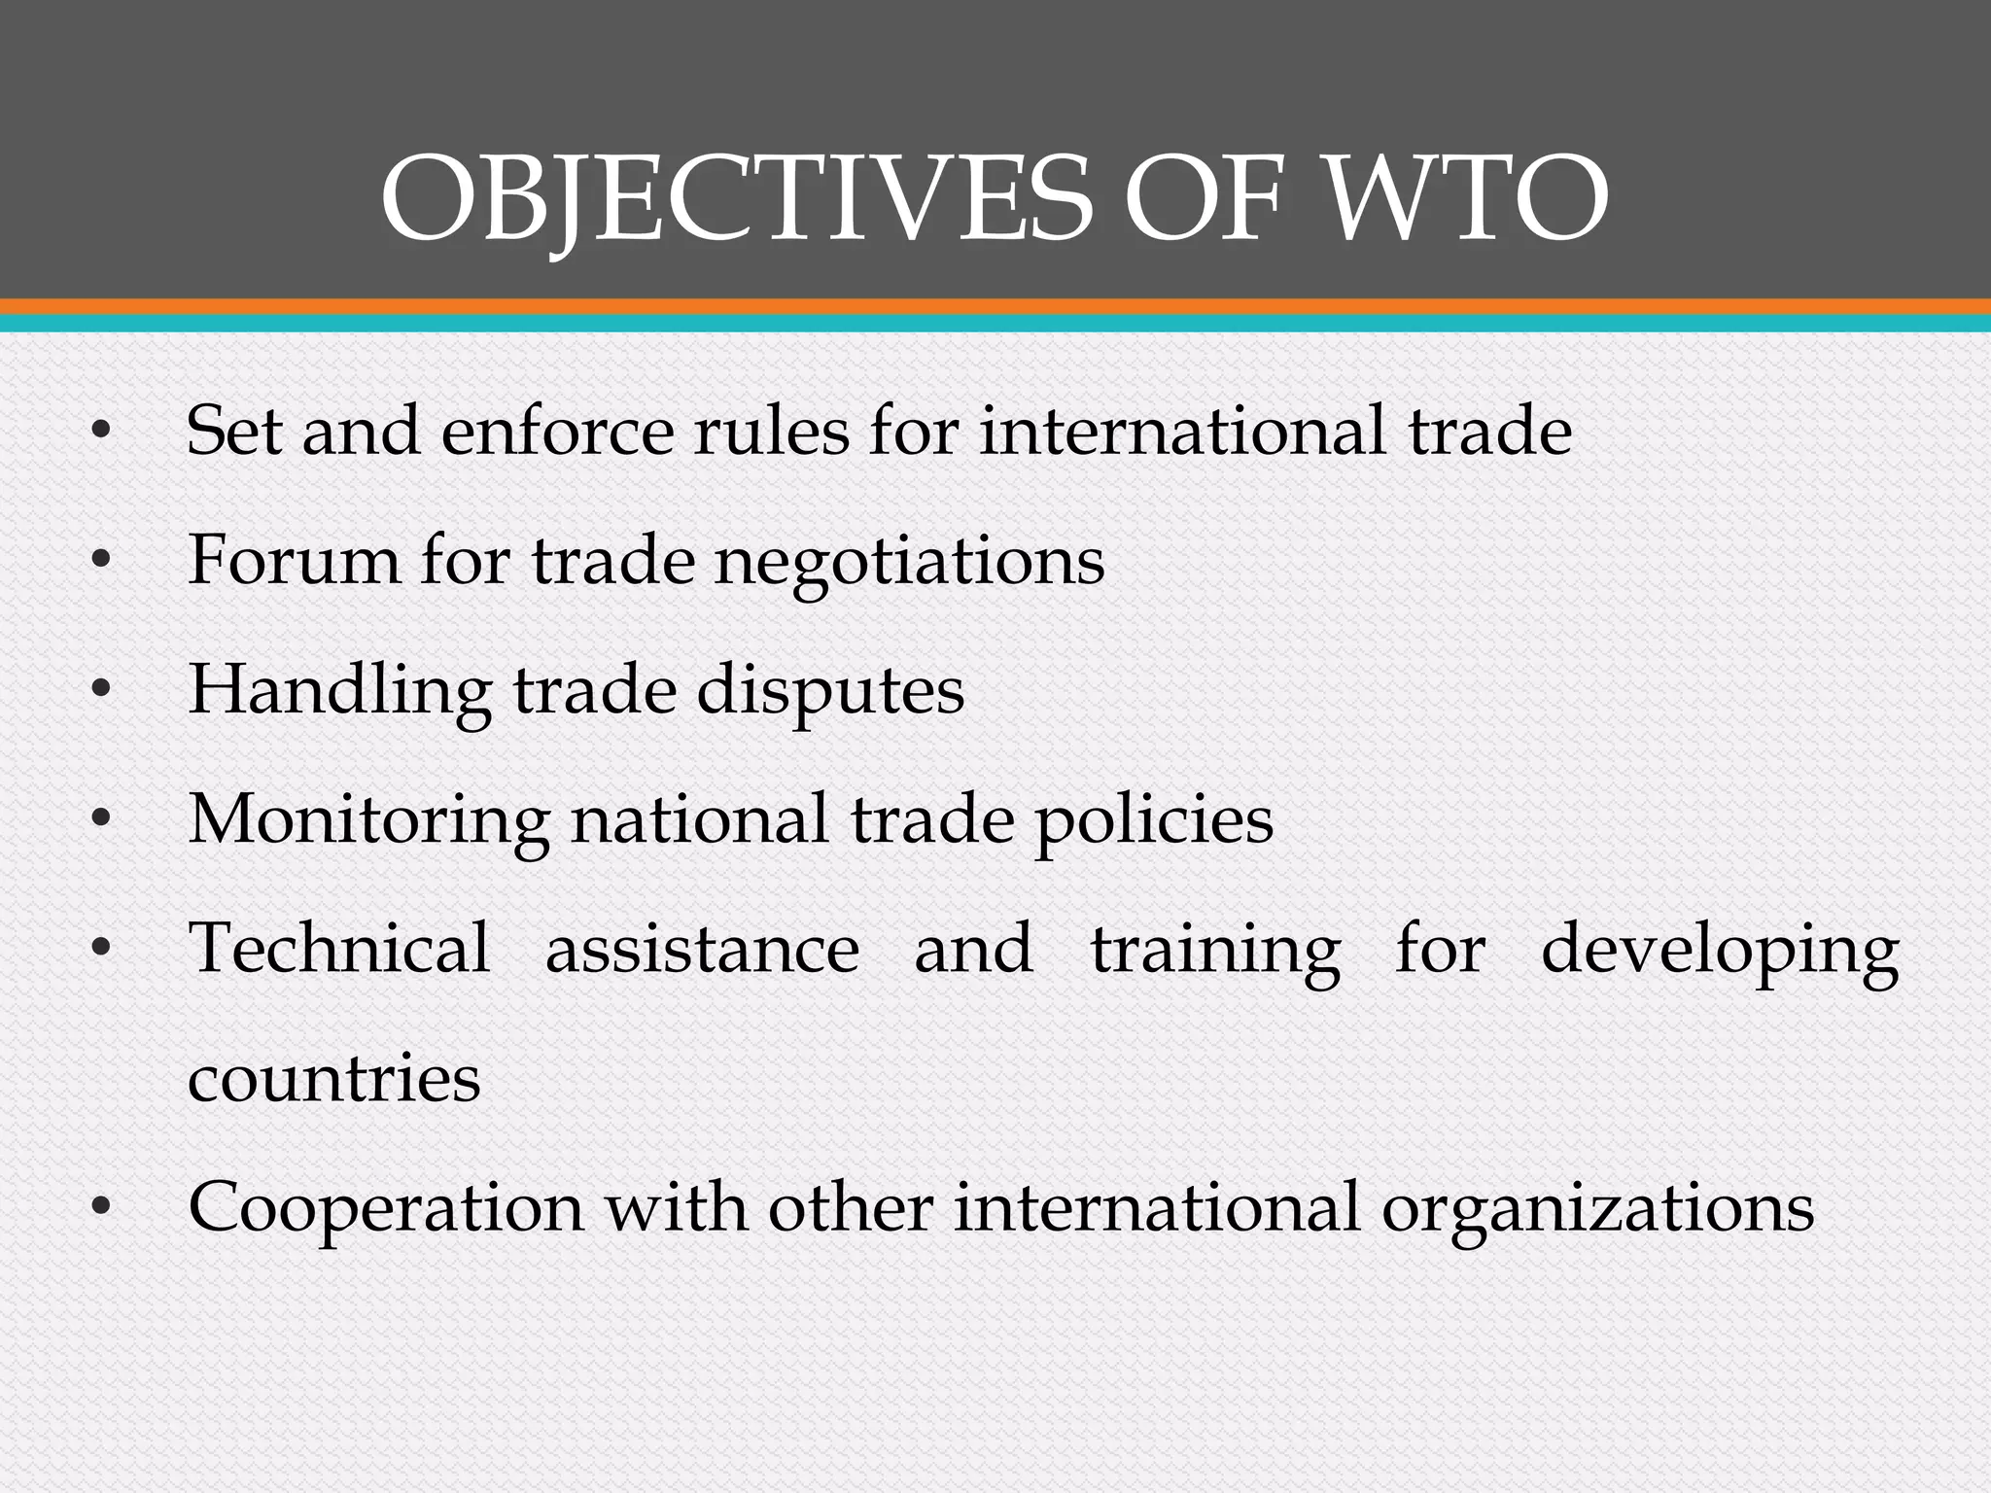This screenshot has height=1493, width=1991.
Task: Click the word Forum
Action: [293, 560]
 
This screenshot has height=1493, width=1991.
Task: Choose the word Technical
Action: [339, 949]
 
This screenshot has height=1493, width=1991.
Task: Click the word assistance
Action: [702, 951]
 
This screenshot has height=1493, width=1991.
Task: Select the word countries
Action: [333, 1079]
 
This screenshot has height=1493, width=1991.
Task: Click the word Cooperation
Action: [386, 1209]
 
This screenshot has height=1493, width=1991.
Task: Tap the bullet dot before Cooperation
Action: [100, 1209]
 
